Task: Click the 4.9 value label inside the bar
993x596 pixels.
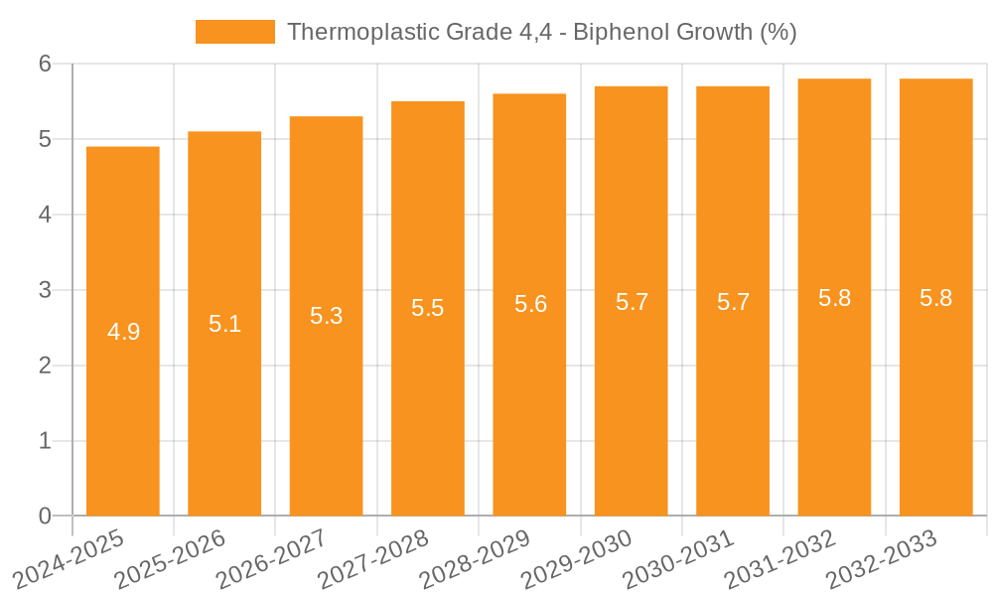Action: pyautogui.click(x=124, y=332)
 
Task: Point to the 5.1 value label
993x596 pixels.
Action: pyautogui.click(x=225, y=324)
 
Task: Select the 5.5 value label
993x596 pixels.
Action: pyautogui.click(x=428, y=308)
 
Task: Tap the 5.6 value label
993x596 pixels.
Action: pyautogui.click(x=530, y=304)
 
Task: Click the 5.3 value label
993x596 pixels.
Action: pyautogui.click(x=327, y=316)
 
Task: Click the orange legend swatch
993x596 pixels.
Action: pyautogui.click(x=235, y=32)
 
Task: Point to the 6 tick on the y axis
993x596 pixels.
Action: pyautogui.click(x=45, y=64)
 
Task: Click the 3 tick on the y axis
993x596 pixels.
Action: pyautogui.click(x=45, y=290)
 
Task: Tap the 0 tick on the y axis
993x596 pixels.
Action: pyautogui.click(x=45, y=516)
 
